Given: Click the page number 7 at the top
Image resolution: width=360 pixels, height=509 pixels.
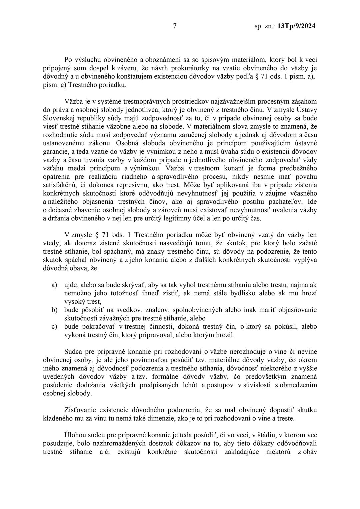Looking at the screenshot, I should tap(175, 26).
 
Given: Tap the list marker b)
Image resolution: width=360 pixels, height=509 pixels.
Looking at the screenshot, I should tap(54, 310).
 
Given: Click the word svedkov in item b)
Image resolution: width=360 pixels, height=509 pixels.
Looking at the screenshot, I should tap(119, 310).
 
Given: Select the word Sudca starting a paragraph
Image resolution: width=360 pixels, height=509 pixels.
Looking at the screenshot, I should tap(74, 352).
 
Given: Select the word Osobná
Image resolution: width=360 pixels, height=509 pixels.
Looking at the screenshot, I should tap(128, 143).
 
